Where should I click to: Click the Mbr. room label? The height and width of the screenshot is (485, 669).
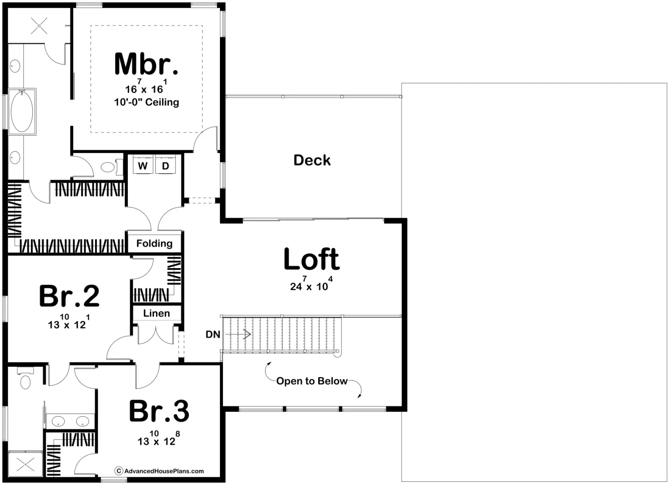pyautogui.click(x=146, y=64)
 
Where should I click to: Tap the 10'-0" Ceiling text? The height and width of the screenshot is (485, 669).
pyautogui.click(x=146, y=102)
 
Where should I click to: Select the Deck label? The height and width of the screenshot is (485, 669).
pyautogui.click(x=312, y=160)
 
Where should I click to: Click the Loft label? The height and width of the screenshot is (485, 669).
pyautogui.click(x=311, y=260)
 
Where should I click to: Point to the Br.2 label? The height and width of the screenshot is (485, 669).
pyautogui.click(x=69, y=296)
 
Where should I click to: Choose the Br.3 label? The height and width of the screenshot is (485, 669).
pyautogui.click(x=159, y=411)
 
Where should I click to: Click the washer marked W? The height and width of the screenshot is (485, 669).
pyautogui.click(x=143, y=166)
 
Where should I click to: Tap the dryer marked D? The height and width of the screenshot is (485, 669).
pyautogui.click(x=166, y=166)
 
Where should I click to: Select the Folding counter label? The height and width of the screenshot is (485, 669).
pyautogui.click(x=154, y=243)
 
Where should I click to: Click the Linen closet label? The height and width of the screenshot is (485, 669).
pyautogui.click(x=157, y=313)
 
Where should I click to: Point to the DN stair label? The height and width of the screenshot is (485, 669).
pyautogui.click(x=213, y=335)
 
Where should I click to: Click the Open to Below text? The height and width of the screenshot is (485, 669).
pyautogui.click(x=312, y=381)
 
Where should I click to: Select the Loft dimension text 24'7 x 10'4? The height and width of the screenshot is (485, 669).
pyautogui.click(x=311, y=285)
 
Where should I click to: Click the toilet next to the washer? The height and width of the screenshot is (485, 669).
pyautogui.click(x=108, y=168)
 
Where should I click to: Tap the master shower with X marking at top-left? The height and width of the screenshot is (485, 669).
pyautogui.click(x=39, y=26)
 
